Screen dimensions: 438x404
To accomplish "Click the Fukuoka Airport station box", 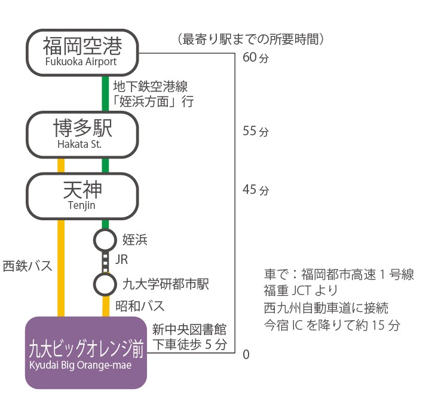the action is tap(82, 53).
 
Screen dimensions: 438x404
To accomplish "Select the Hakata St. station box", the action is tap(82, 135).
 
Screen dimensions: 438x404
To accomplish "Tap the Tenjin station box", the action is tap(82, 196).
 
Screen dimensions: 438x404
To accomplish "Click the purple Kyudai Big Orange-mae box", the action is tap(86, 353).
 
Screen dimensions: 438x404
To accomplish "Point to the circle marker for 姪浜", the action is tap(105, 240).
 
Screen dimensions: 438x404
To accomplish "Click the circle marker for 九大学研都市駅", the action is tap(105, 284).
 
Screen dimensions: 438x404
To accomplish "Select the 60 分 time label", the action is tap(256, 57).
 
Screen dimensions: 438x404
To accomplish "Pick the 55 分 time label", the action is tap(256, 131).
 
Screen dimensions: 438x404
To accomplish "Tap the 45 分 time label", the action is tap(256, 190).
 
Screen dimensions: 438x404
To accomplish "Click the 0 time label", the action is tap(246, 354).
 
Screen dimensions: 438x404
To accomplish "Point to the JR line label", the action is tap(121, 259).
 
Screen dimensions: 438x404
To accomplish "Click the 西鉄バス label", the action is tap(27, 266).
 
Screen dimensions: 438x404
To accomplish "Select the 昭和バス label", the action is tap(140, 306).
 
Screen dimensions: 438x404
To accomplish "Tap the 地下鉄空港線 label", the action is tap(151, 86).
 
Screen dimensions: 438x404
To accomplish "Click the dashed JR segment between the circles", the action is tap(105, 262).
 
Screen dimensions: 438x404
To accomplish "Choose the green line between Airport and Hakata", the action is tap(105, 94).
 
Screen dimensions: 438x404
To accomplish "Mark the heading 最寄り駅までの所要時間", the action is tap(250, 39).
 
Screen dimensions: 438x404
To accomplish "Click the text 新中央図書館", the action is tap(189, 330).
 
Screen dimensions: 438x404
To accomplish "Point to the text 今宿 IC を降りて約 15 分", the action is tap(332, 325).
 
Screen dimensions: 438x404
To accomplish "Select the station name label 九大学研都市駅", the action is tap(166, 284).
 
